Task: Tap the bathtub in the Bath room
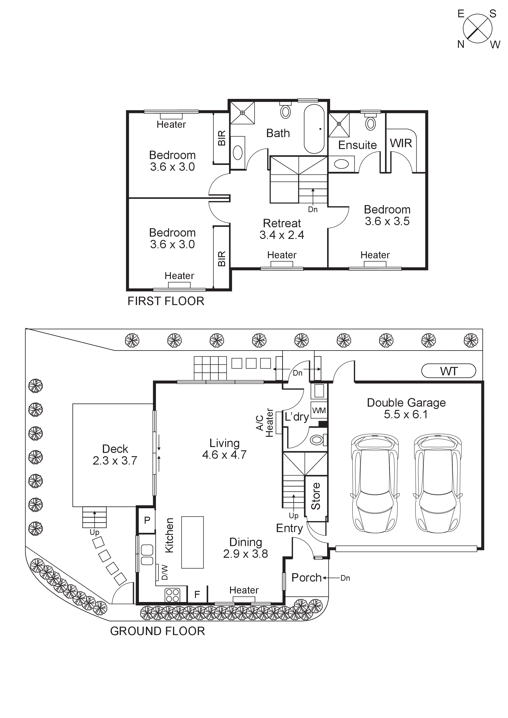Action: coord(314,129)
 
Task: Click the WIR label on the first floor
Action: coord(401,143)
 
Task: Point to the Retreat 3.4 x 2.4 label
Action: coord(282,229)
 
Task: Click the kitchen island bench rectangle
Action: coord(192,543)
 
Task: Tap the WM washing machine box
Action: coord(319,410)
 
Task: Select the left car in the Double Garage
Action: coord(375,483)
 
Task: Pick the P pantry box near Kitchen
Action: coord(147,520)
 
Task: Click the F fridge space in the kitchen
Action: coord(197,594)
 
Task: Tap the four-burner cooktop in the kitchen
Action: coord(172,595)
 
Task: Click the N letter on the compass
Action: coord(460,44)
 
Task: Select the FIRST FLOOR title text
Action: coord(166,301)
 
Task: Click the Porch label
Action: coord(306,578)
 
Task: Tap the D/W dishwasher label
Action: coord(165,572)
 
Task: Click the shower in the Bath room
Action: coord(243,113)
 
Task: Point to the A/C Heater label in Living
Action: coord(264,423)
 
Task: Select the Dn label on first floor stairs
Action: coord(313,210)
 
